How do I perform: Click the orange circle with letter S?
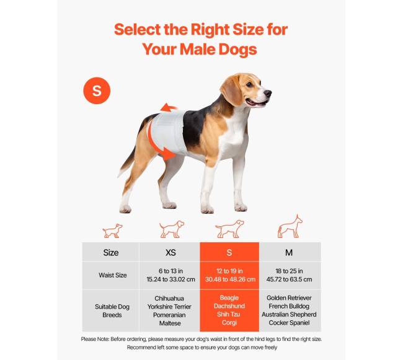97,90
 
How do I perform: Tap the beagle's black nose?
268,93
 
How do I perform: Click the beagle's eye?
249,84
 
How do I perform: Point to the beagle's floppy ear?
231,90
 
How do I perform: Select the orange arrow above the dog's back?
169,108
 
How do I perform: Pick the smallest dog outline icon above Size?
113,230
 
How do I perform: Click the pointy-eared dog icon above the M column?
290,227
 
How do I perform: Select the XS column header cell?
170,252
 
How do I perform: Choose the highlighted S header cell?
229,252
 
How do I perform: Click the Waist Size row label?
113,275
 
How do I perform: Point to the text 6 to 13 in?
170,271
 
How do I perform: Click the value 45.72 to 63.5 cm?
289,279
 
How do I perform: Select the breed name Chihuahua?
169,299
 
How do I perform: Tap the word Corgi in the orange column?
229,322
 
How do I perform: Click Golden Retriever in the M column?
289,298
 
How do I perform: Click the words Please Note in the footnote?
95,339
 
